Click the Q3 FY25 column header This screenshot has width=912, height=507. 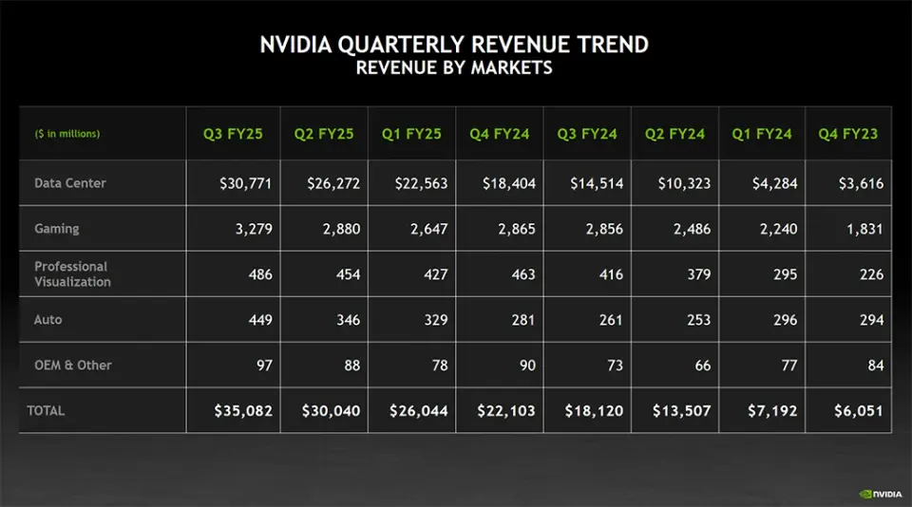click(233, 134)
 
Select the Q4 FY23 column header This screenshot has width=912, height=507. click(848, 134)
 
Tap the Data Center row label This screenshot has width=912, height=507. click(70, 183)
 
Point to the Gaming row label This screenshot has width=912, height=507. click(57, 229)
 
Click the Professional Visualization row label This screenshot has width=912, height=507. click(72, 274)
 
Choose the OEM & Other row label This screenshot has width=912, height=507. click(73, 366)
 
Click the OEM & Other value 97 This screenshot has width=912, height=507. click(259, 366)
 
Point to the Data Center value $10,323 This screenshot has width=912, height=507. click(684, 183)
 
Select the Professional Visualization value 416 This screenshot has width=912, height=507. click(611, 274)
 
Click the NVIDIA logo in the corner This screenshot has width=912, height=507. click(881, 494)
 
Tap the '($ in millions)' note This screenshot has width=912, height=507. click(67, 134)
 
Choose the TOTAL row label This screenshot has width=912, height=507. click(46, 411)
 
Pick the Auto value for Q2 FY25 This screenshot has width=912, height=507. click(348, 320)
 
